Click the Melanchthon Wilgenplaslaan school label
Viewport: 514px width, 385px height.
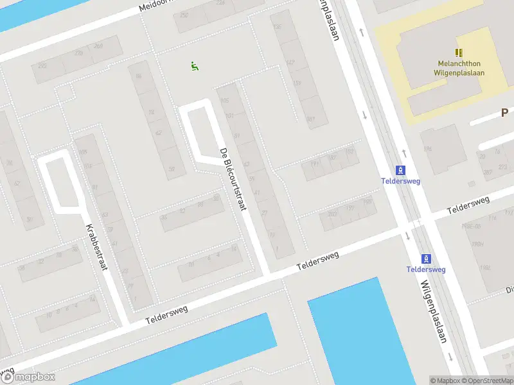[459, 68]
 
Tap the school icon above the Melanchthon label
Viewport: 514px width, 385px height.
[459, 53]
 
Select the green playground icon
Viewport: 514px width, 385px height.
[194, 65]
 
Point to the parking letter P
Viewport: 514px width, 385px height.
[506, 113]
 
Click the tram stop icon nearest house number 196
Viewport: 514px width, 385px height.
[401, 170]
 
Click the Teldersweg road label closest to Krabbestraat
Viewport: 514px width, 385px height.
[166, 313]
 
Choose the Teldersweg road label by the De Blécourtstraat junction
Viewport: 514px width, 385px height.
[317, 260]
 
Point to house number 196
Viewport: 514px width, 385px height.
[368, 203]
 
